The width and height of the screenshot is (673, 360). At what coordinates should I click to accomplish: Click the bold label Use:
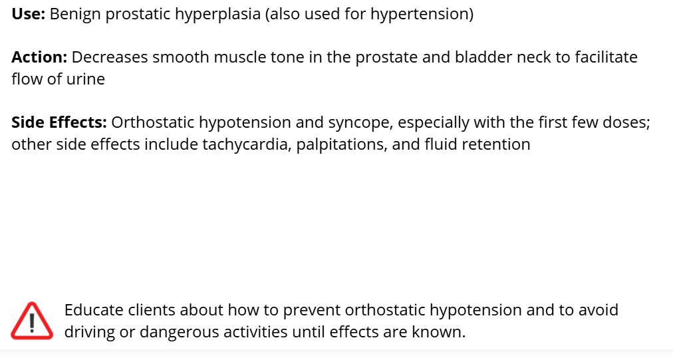coord(29,14)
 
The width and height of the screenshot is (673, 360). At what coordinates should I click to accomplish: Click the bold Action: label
coord(39,57)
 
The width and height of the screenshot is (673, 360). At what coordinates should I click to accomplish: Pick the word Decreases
coord(110,57)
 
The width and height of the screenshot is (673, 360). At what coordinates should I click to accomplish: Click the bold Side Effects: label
coord(59,122)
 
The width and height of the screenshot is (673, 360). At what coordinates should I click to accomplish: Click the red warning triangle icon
coord(32,321)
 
